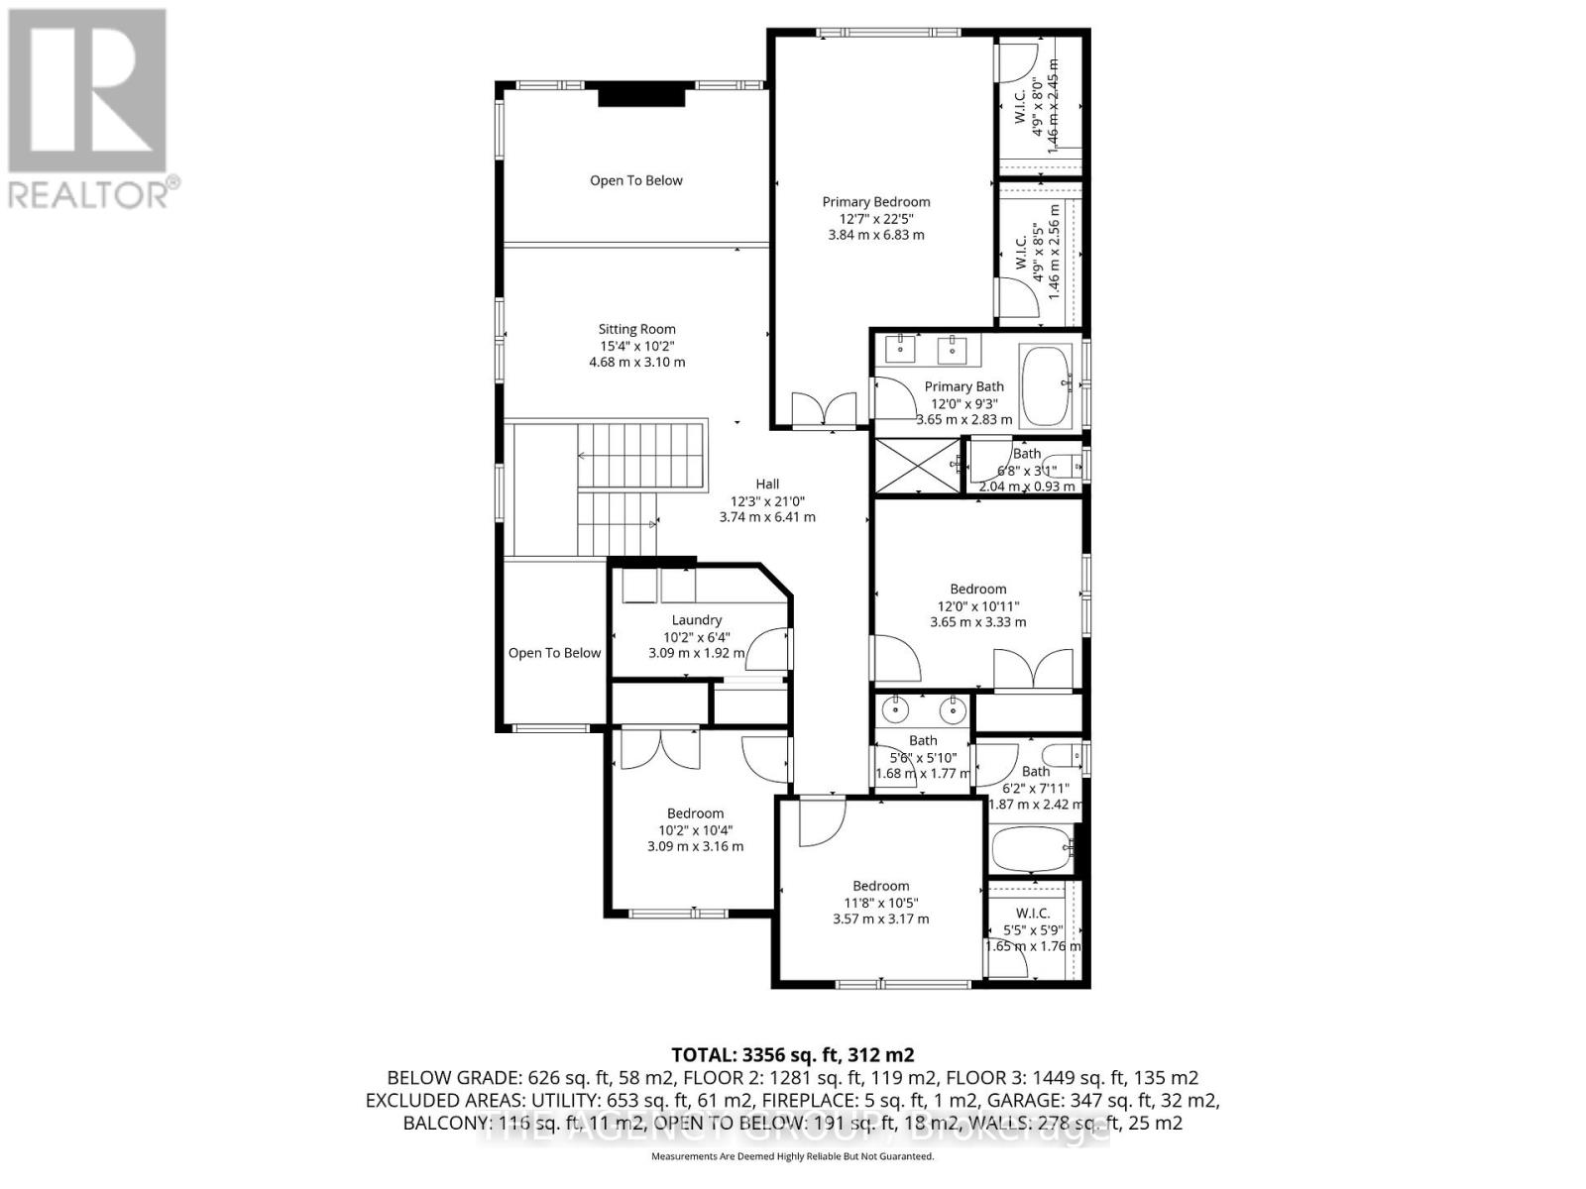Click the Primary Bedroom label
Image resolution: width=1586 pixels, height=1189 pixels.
pos(876,202)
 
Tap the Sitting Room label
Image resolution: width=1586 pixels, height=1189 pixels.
pos(636,329)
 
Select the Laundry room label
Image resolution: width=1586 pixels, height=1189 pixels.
pos(696,620)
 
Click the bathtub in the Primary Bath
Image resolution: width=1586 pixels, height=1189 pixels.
pos(1046,386)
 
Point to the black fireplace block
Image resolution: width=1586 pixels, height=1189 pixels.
pos(641,95)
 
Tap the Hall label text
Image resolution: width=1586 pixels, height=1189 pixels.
pos(767,485)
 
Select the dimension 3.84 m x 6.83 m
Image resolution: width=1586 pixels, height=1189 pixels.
pos(876,235)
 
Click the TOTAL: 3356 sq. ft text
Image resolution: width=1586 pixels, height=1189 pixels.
pos(792,1054)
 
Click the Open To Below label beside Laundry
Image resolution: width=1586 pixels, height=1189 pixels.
pos(554,653)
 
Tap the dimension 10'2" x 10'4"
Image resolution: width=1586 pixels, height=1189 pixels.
pos(695,830)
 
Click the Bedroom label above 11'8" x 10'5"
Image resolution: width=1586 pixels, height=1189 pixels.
pos(880,886)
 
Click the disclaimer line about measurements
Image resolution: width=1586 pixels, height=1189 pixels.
pos(792,1156)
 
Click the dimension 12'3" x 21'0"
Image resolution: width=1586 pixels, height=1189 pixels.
pos(767,501)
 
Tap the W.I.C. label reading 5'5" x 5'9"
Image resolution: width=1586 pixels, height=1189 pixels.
pos(1032,914)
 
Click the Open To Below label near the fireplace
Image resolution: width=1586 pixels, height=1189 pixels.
pos(636,180)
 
